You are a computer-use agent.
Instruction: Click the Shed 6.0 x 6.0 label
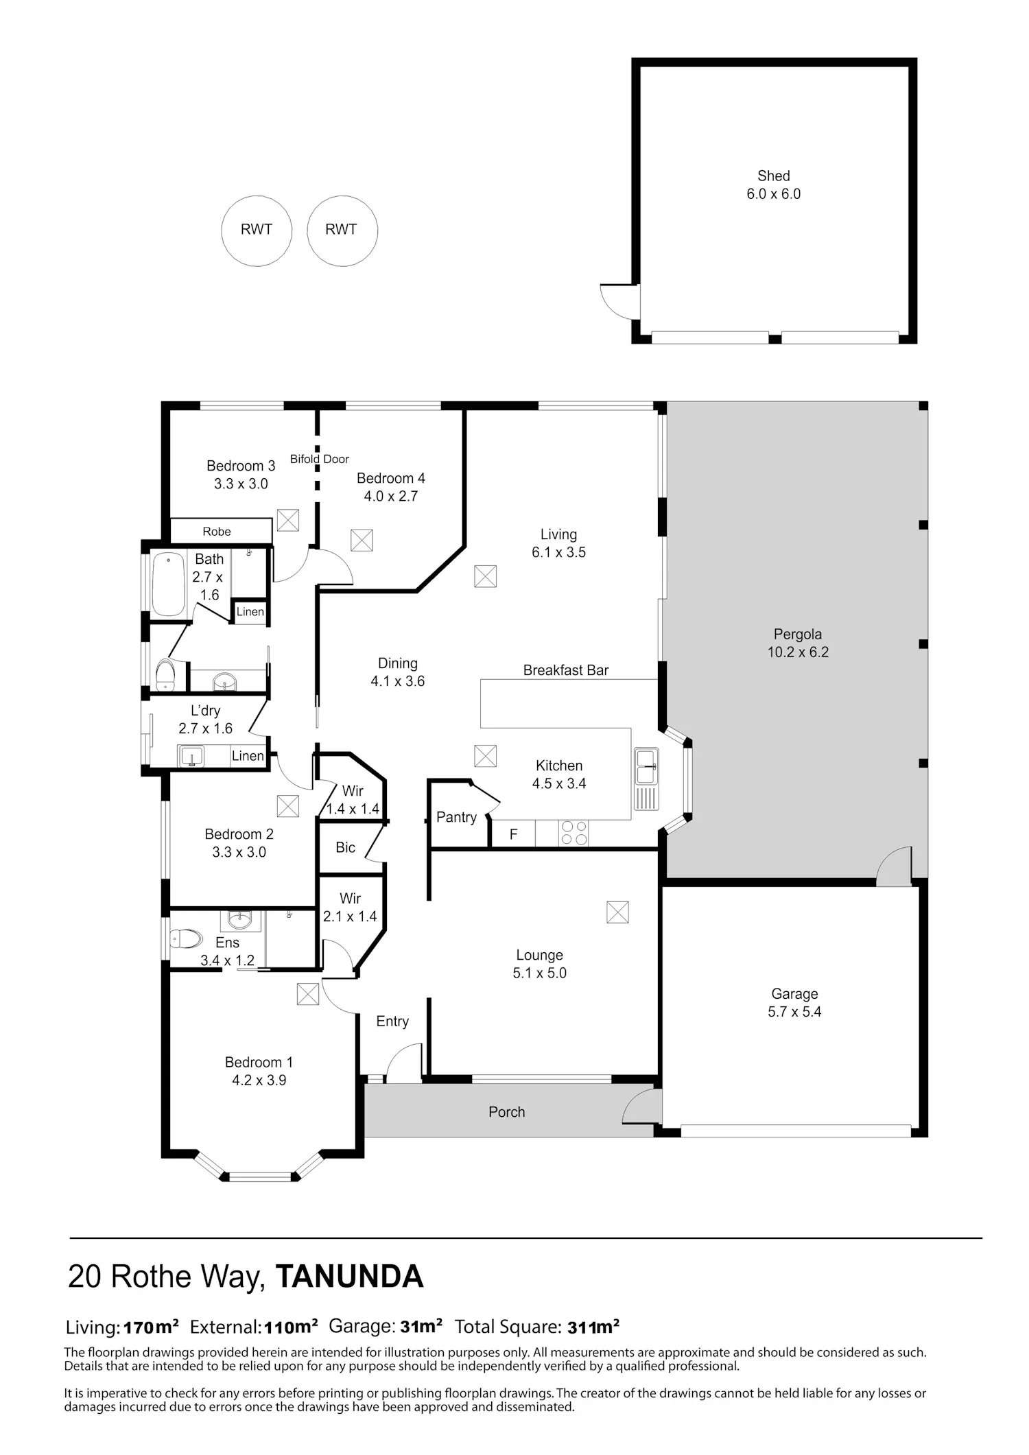click(x=774, y=185)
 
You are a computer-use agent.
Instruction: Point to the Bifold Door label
click(x=320, y=459)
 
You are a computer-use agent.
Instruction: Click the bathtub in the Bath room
click(x=168, y=584)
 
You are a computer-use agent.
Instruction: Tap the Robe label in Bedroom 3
click(x=217, y=532)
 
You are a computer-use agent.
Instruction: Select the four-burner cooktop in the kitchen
click(x=574, y=833)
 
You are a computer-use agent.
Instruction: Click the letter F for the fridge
click(x=513, y=835)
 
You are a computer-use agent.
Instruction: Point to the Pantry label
click(x=456, y=817)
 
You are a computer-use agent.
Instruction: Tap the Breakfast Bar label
click(x=566, y=670)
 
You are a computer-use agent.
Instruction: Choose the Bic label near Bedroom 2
click(x=346, y=847)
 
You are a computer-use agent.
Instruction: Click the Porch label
click(x=507, y=1112)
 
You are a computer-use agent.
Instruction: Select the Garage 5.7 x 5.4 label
click(x=794, y=1003)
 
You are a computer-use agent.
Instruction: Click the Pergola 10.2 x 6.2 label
click(x=798, y=643)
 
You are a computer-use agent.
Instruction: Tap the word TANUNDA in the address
click(x=349, y=1277)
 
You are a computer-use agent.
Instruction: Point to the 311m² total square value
click(x=593, y=1327)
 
